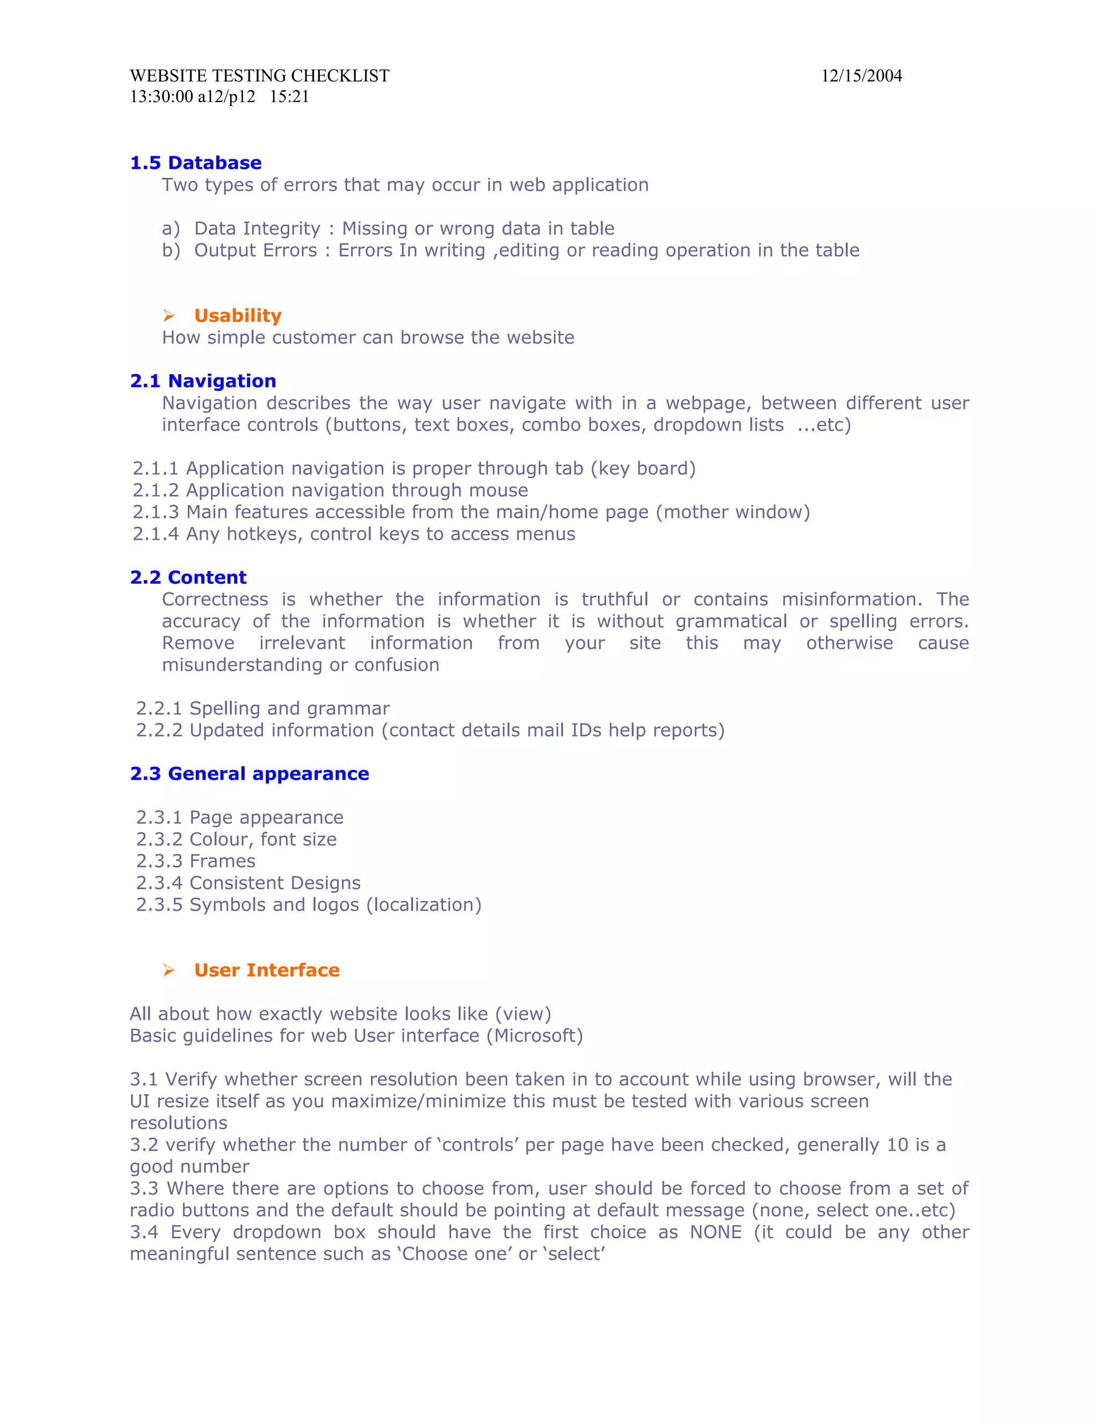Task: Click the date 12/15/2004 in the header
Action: (x=861, y=76)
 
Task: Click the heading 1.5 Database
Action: (x=195, y=163)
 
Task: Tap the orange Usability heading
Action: (x=238, y=316)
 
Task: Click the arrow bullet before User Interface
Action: (x=168, y=971)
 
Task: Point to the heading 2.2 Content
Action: (x=188, y=577)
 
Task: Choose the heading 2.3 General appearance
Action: (x=250, y=773)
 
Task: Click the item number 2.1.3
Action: (x=156, y=512)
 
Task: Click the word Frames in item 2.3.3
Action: (x=222, y=861)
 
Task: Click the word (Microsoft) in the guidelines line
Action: (x=534, y=1036)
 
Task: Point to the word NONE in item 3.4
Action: (x=715, y=1233)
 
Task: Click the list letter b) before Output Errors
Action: (x=171, y=251)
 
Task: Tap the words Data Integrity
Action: (x=257, y=229)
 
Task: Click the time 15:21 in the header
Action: (x=289, y=97)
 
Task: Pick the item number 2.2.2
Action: (x=159, y=730)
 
